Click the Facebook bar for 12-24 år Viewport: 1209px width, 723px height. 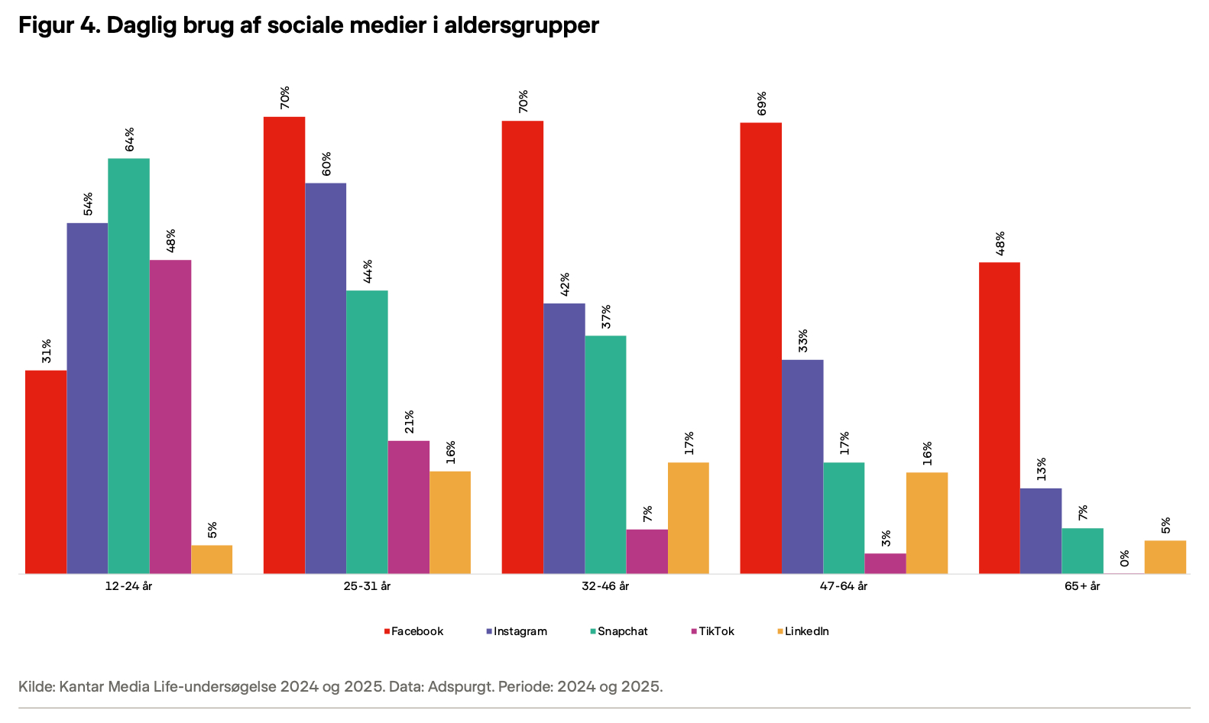point(46,472)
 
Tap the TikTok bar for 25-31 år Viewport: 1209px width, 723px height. point(408,507)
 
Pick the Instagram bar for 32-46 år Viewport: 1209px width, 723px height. point(564,438)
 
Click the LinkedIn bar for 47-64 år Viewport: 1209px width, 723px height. point(926,523)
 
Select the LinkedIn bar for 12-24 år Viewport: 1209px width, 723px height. point(212,559)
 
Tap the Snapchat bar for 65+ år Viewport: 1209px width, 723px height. point(1082,550)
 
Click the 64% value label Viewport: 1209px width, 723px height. point(130,139)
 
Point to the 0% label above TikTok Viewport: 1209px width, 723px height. point(1123,557)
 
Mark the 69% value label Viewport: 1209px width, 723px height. point(761,103)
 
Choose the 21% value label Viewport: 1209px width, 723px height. point(409,422)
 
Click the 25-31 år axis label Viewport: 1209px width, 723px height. point(367,586)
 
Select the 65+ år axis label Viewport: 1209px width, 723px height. point(1082,586)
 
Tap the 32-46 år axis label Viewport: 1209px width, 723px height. point(605,586)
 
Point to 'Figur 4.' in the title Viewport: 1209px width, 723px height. point(58,25)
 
